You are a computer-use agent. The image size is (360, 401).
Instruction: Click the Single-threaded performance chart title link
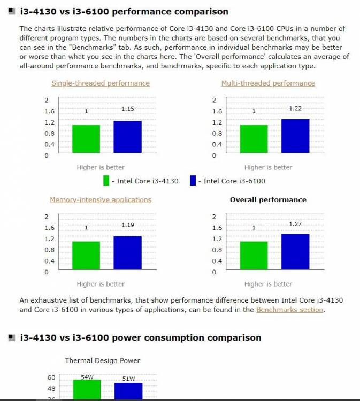tap(101, 83)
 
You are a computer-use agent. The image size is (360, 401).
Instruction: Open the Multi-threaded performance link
tap(268, 83)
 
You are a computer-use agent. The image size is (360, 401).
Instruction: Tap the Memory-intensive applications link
tap(101, 200)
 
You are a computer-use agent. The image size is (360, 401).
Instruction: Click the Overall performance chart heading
tap(268, 200)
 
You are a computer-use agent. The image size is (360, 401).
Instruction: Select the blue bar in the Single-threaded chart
tap(128, 137)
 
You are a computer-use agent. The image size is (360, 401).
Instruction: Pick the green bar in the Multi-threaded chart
tap(254, 139)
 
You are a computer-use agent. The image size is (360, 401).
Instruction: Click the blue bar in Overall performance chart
tap(295, 252)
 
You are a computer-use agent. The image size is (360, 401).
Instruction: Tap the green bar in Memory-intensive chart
tap(86, 256)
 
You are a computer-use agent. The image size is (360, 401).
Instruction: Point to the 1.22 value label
tap(295, 109)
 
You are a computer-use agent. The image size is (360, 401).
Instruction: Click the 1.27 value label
tap(295, 224)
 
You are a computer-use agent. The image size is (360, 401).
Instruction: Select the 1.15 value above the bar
tap(128, 109)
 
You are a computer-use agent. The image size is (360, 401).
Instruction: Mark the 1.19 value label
tap(128, 225)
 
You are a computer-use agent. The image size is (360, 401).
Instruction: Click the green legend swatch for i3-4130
tap(106, 181)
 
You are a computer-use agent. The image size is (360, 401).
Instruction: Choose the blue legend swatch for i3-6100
tap(193, 181)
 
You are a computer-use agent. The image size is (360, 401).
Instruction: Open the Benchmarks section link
tap(289, 310)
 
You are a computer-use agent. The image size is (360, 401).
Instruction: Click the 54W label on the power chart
tap(87, 377)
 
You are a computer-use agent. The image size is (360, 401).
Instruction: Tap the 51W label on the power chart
tap(128, 379)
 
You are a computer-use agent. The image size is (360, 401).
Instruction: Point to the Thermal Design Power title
tap(102, 360)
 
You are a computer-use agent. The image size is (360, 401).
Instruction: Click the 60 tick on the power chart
tap(51, 377)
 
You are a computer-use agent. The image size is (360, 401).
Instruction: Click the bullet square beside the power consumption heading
tap(12, 337)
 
